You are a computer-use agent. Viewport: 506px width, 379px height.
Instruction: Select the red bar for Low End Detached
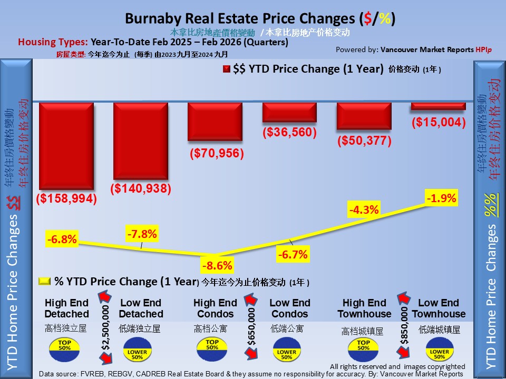(141, 141)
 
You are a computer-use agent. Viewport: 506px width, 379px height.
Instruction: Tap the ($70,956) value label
(216, 154)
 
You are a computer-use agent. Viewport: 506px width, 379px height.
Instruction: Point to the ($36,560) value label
(289, 133)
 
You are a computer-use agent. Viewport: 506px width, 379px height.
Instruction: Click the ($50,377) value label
(364, 141)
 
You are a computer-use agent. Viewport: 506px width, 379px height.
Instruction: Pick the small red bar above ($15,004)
(439, 106)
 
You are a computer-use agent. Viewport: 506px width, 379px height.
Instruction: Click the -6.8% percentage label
(62, 240)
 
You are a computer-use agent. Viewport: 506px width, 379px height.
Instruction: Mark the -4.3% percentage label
(364, 210)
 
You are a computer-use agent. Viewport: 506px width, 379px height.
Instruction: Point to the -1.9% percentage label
(442, 198)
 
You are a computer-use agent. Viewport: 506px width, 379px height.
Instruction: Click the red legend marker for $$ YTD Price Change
(227, 69)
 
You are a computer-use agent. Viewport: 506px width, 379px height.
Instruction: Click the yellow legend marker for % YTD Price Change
(45, 282)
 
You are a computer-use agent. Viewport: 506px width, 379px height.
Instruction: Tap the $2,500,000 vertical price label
(106, 328)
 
